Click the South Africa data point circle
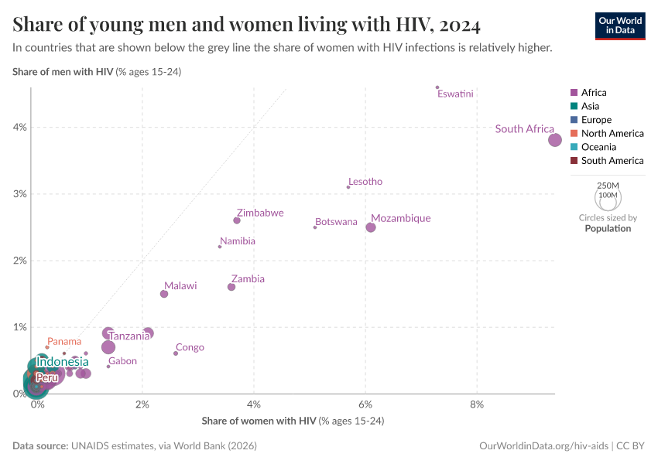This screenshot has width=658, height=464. tap(555, 140)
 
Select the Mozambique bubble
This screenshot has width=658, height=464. tap(371, 227)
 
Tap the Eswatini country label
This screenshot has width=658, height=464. tap(455, 94)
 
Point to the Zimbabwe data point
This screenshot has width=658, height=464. tap(237, 220)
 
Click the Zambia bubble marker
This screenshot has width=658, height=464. tap(231, 287)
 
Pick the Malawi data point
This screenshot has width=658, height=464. tap(164, 294)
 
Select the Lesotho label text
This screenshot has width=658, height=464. tap(365, 182)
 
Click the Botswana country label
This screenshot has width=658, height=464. tap(337, 222)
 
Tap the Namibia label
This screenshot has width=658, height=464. tap(238, 241)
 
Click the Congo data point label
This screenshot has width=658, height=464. tap(190, 348)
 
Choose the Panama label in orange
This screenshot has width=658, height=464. tap(63, 342)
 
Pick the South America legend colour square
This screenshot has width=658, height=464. tap(574, 161)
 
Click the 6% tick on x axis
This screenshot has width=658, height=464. tap(365, 404)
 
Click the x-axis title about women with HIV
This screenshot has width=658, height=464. tap(293, 421)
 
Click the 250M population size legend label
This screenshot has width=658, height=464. tap(608, 186)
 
